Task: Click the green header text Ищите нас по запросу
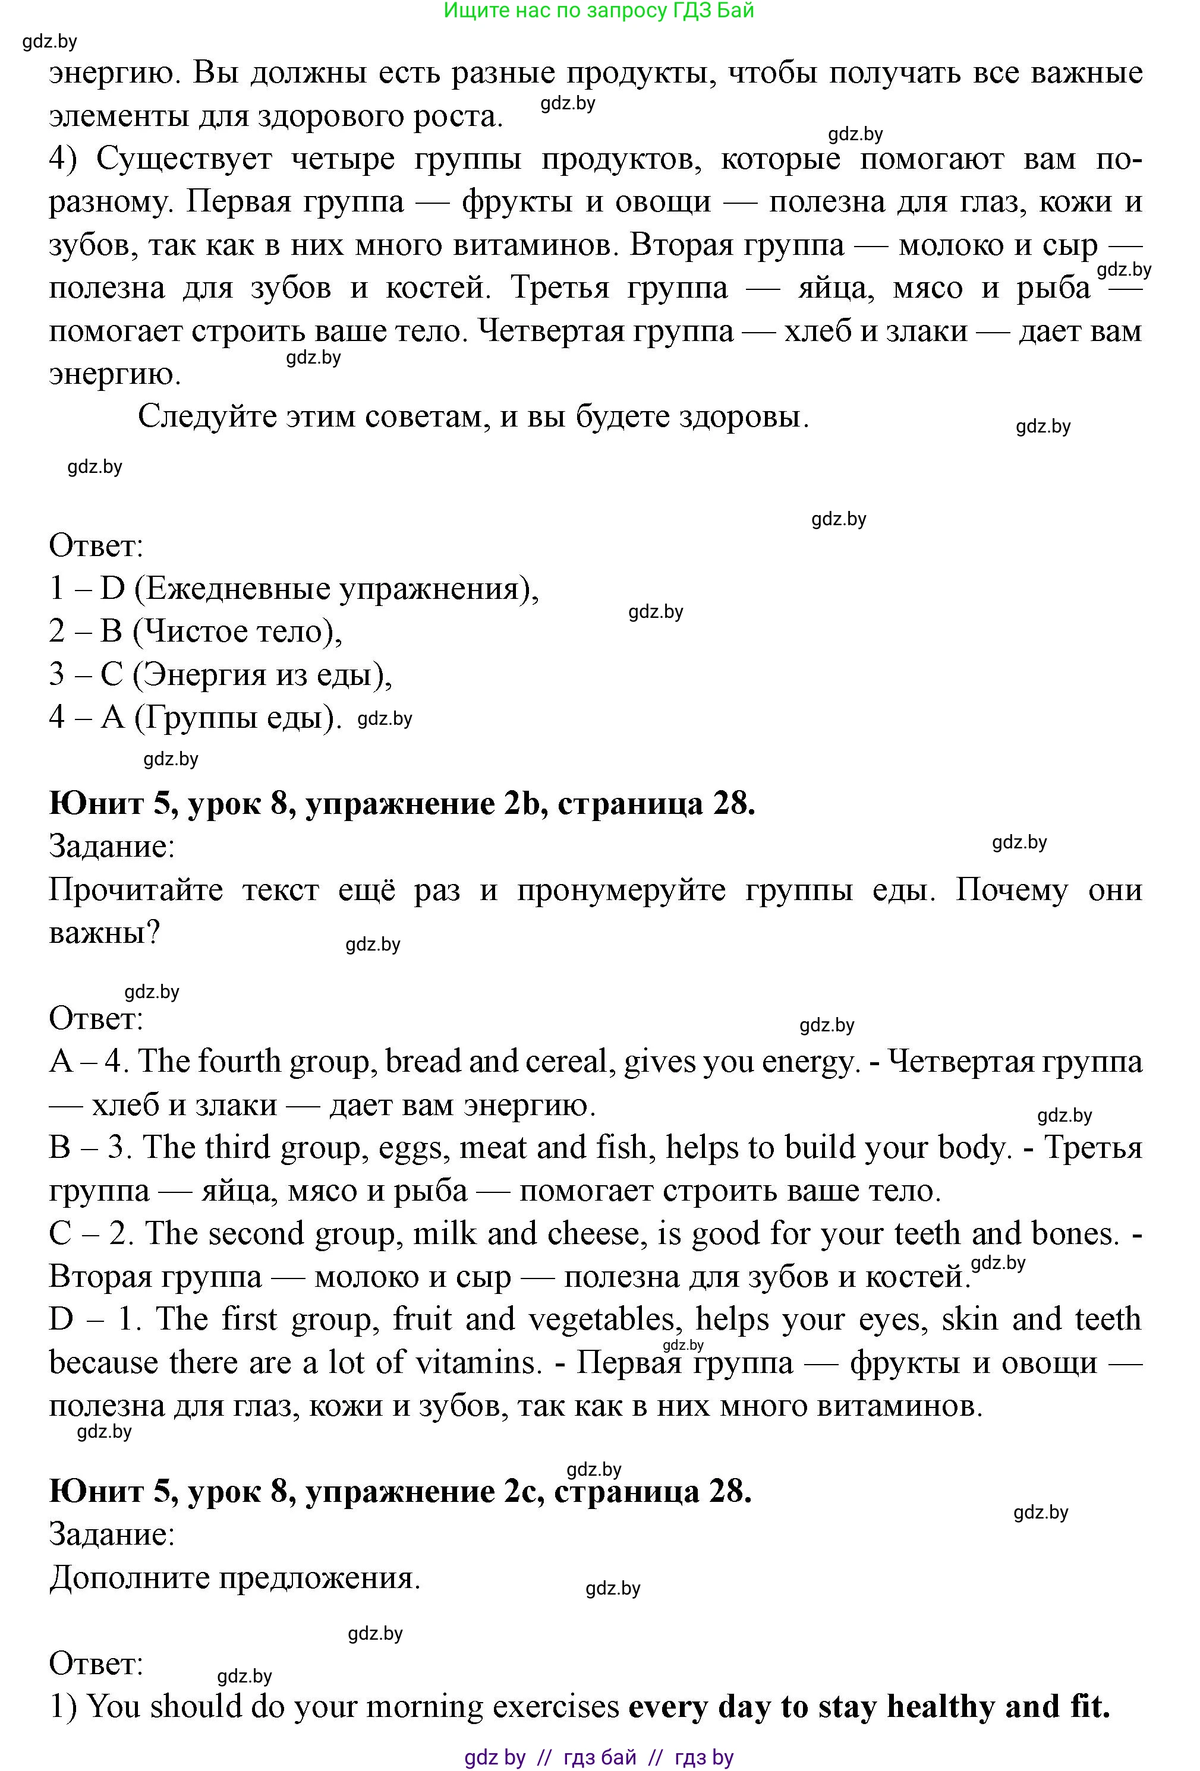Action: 599,11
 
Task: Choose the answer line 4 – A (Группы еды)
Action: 195,717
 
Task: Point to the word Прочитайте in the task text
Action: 136,890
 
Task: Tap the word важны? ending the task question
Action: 103,933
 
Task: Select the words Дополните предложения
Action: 235,1577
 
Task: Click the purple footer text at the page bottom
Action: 599,1757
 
